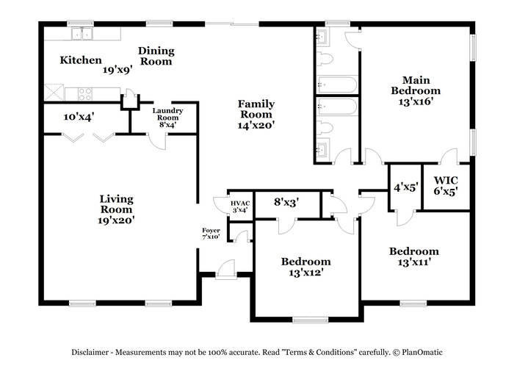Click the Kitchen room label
coord(81,60)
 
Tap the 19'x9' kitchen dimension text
coord(117,70)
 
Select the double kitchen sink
coord(82,34)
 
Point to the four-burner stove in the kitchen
coord(85,94)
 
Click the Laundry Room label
coord(167,114)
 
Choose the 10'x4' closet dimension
coord(79,117)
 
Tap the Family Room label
coord(256,109)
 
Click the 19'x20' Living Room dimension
coord(116,220)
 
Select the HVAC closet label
coord(240,204)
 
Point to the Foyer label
coord(211,230)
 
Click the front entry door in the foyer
coord(226,270)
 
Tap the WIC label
coord(446,180)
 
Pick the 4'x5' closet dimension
coord(406,187)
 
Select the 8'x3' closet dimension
coord(286,202)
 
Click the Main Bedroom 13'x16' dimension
coord(416,101)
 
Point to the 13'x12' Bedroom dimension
coord(306,273)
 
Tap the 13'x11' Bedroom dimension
coord(414,262)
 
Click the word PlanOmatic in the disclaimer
coord(422,353)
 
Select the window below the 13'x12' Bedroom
coord(310,320)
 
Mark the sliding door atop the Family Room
coord(232,24)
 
